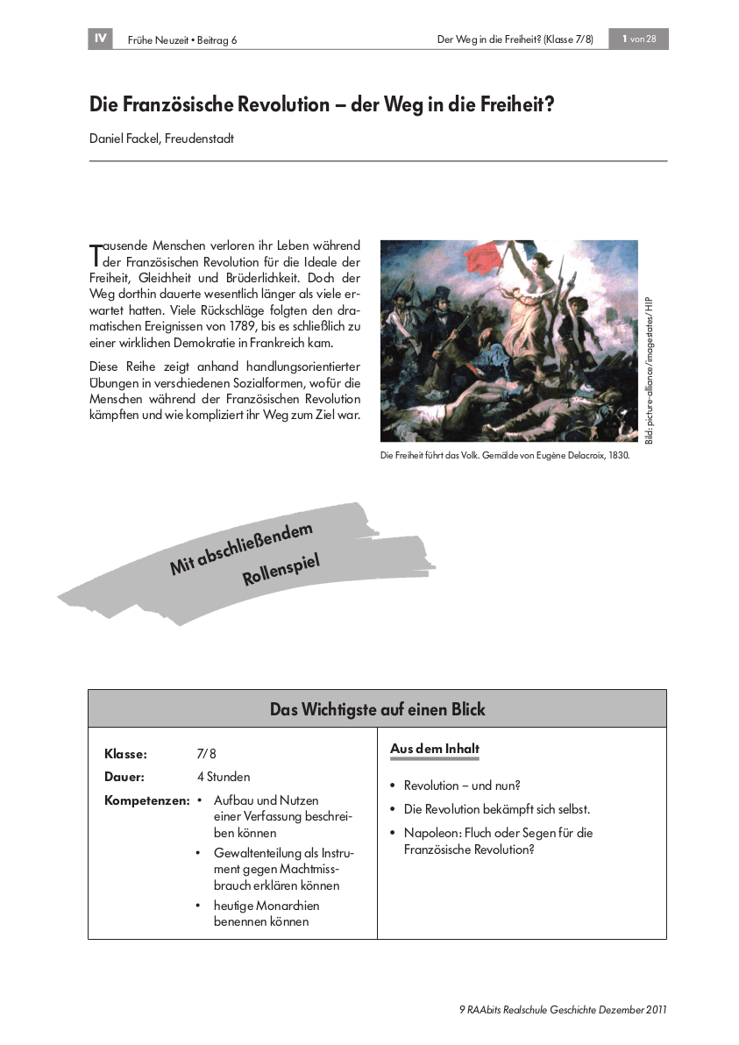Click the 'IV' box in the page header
pos(100,39)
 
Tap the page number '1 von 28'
pos(638,39)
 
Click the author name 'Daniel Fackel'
pos(125,139)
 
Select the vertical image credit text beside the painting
pos(650,367)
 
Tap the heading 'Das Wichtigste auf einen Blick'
pos(377,709)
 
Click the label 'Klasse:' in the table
pos(125,754)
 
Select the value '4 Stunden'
pos(224,777)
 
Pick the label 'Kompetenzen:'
pos(146,800)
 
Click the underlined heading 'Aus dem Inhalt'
pos(435,750)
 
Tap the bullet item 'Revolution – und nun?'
pos(462,786)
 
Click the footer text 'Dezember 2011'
pos(630,1009)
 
